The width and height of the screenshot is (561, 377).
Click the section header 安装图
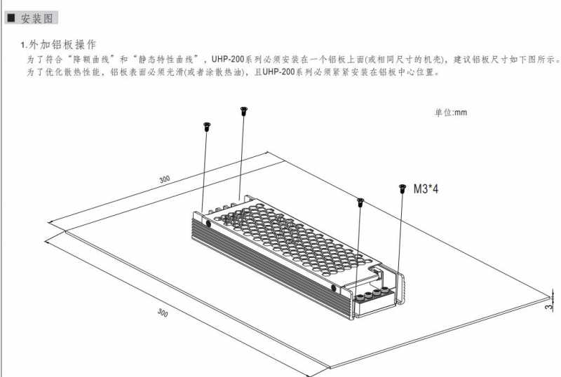[37, 18]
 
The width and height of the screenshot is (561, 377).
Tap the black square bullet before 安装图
[11, 18]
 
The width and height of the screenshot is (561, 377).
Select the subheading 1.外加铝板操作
[58, 45]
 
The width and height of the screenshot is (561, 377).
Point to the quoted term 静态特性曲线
[166, 59]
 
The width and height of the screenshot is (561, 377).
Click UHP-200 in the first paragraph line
[228, 59]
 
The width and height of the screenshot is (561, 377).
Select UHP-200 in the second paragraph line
[278, 72]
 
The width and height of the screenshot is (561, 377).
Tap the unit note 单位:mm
[451, 113]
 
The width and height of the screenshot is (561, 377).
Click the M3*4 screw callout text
[426, 188]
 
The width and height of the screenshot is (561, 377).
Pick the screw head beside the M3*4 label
[403, 188]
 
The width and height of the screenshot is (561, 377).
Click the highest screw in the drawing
[244, 111]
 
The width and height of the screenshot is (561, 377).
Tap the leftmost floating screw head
[207, 126]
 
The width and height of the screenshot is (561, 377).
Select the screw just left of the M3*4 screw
[360, 202]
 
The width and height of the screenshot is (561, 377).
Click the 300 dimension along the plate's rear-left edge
[165, 179]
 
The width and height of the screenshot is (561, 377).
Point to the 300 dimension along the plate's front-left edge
[163, 313]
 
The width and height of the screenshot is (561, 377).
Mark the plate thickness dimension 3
[548, 306]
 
